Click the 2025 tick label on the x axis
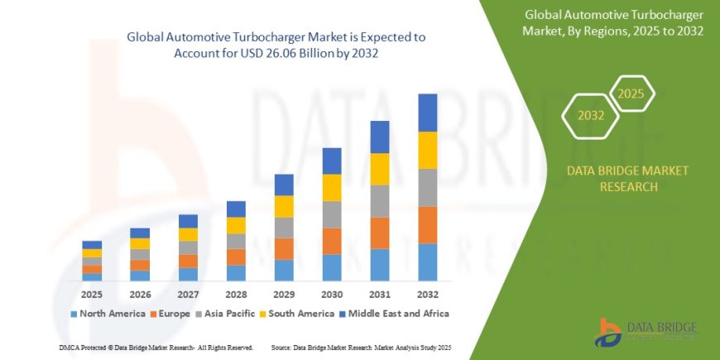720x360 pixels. click(x=92, y=294)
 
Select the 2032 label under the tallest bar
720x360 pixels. click(x=428, y=294)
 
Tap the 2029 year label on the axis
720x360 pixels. click(x=284, y=294)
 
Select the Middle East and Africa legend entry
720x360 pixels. click(x=396, y=314)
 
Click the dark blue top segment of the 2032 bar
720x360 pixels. click(x=428, y=113)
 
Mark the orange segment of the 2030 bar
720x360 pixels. click(x=332, y=240)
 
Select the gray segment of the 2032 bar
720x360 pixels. click(x=428, y=187)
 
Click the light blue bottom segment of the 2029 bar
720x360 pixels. click(x=284, y=270)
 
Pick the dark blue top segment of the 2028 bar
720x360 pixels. click(x=236, y=209)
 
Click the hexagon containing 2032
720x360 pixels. click(x=590, y=115)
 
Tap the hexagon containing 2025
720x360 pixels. click(x=631, y=94)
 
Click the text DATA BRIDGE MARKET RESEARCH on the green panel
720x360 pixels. click(x=627, y=179)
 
